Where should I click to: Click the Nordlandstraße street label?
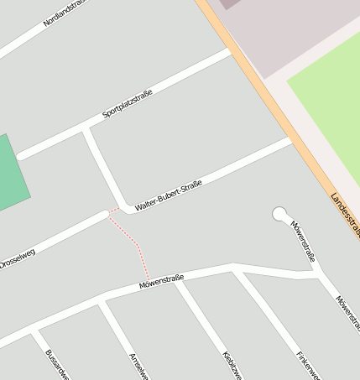[65, 12]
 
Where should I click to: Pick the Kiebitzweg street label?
[232, 364]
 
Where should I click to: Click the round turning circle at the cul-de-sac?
[279, 214]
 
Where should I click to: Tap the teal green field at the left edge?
[10, 172]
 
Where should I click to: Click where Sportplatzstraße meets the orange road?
[230, 51]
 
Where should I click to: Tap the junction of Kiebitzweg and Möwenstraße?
[175, 282]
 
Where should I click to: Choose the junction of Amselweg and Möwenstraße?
[101, 299]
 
